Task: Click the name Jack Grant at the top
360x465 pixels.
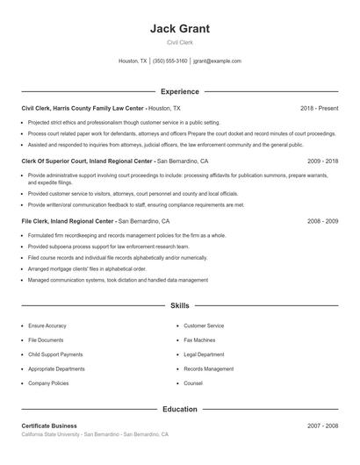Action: (x=180, y=29)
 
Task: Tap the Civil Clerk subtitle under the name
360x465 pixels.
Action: (x=180, y=42)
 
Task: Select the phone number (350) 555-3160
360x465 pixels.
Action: (x=170, y=61)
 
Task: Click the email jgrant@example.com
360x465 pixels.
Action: (x=218, y=61)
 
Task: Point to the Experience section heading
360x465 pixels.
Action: (x=180, y=91)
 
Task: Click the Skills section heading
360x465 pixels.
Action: (x=180, y=306)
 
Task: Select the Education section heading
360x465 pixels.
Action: (x=180, y=409)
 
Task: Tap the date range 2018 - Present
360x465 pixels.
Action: (x=319, y=108)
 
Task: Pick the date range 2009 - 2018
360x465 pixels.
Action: (x=322, y=161)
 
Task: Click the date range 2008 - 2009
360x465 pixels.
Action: (x=322, y=221)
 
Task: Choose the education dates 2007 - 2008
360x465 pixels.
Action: (x=322, y=426)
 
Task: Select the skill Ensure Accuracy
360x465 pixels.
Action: (x=47, y=325)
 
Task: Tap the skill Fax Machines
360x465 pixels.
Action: (x=199, y=340)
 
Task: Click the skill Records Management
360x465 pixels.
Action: (x=209, y=369)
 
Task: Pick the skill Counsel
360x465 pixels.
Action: (x=193, y=383)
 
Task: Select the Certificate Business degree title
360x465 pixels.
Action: (x=49, y=426)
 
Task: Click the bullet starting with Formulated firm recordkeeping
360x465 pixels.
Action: (x=126, y=235)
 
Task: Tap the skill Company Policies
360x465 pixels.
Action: (x=48, y=383)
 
